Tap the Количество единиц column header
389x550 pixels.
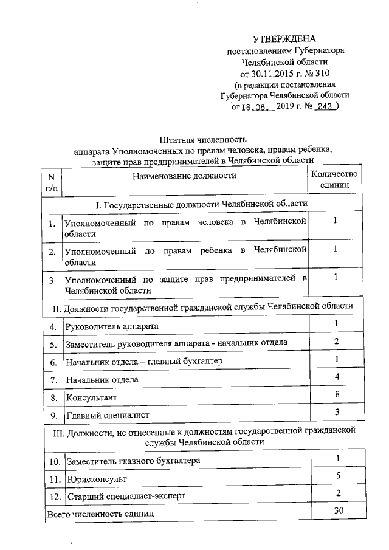pos(335,179)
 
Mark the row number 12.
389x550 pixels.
pos(53,497)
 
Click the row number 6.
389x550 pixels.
pos(53,362)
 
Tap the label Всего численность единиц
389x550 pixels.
pos(101,514)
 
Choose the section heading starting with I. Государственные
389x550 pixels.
pos(201,203)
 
